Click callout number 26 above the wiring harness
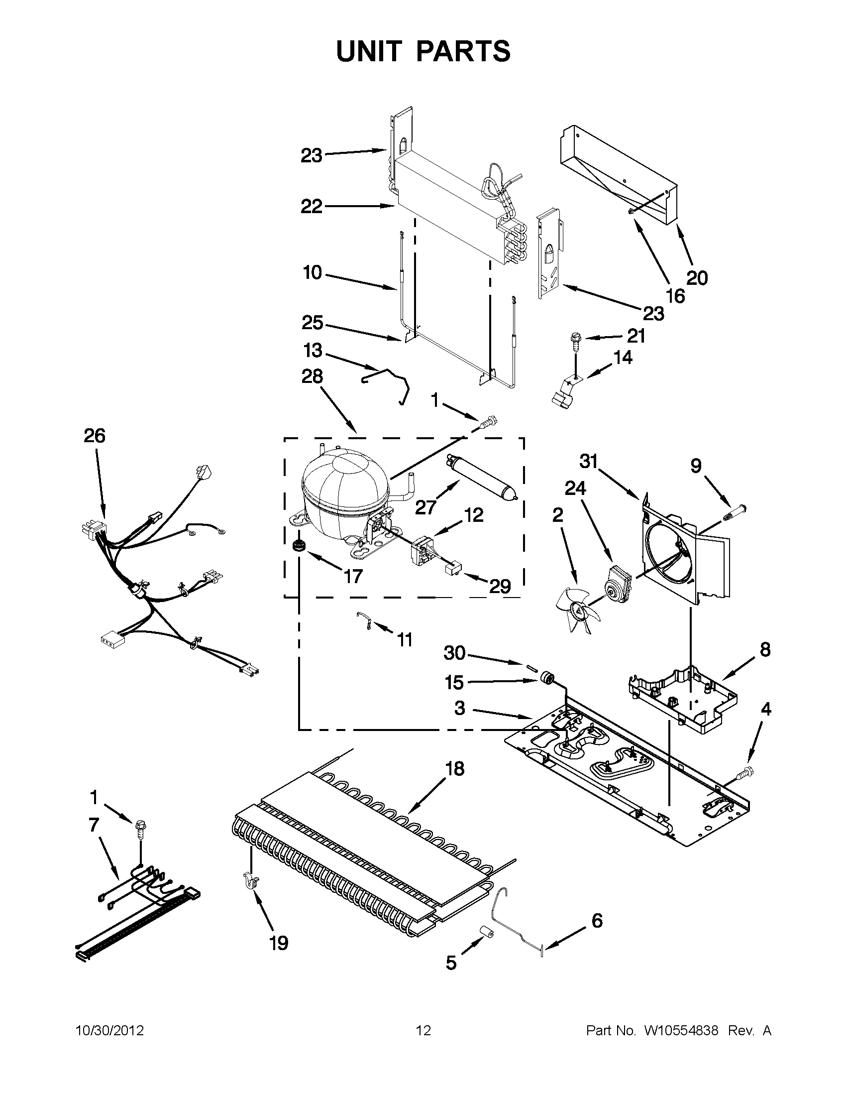click(x=94, y=436)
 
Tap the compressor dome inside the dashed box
click(x=343, y=482)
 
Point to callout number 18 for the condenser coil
click(x=455, y=768)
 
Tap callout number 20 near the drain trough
click(x=697, y=277)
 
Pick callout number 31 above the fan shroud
click(x=589, y=461)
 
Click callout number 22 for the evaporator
click(x=312, y=206)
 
